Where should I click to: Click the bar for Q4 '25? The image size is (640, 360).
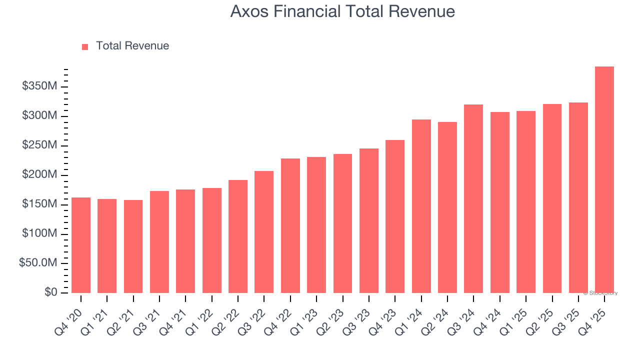click(x=604, y=180)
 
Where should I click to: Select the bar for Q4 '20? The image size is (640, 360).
click(x=81, y=245)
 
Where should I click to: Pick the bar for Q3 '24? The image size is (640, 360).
click(x=473, y=198)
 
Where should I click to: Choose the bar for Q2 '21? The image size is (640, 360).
click(x=133, y=246)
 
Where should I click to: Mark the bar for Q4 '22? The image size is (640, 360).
click(x=290, y=225)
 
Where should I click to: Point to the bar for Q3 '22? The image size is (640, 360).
click(x=264, y=232)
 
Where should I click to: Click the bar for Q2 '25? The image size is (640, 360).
click(x=552, y=198)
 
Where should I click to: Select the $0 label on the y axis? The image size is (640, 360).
click(x=51, y=292)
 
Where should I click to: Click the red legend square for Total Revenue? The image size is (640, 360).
click(x=85, y=46)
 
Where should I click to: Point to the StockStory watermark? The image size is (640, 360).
click(x=600, y=293)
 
